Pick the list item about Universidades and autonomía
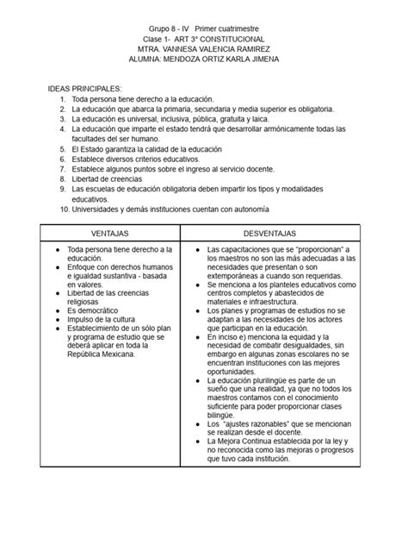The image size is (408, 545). pyautogui.click(x=170, y=210)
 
